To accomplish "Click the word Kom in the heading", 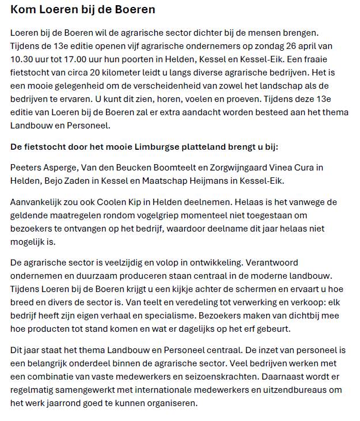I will click(x=23, y=10).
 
